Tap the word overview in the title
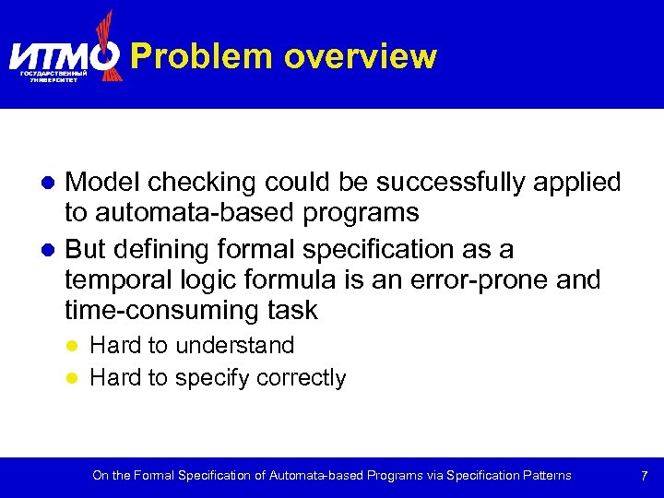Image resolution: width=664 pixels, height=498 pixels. pos(360,56)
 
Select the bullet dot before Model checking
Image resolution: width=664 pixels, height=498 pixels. pos(53,184)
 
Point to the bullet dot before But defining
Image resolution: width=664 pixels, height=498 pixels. pos(53,250)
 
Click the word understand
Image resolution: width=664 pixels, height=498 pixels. pos(235,346)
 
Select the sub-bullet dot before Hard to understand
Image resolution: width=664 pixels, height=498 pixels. pos(77,347)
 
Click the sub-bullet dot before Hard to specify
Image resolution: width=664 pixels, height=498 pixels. pos(77,379)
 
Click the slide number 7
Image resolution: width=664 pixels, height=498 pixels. pos(644,476)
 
